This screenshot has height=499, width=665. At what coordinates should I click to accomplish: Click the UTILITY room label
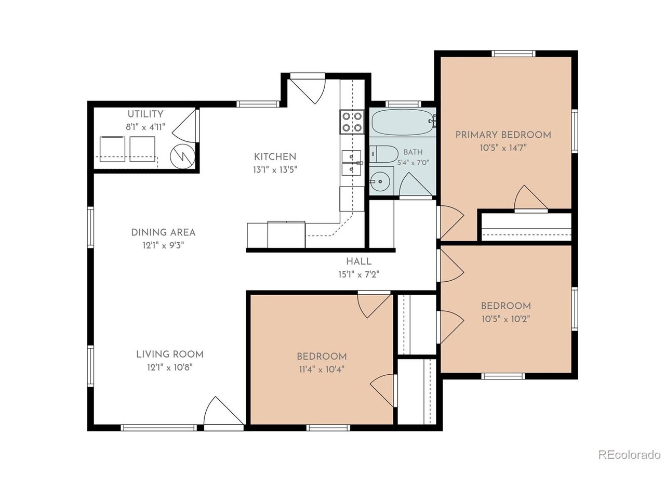click(145, 114)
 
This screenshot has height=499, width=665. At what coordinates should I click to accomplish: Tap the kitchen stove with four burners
click(352, 122)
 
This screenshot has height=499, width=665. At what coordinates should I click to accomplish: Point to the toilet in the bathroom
click(383, 154)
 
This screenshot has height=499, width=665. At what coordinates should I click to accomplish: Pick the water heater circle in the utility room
click(182, 156)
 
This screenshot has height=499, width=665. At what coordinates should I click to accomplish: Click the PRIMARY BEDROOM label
click(503, 135)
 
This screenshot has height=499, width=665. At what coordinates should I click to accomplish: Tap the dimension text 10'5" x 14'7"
click(503, 148)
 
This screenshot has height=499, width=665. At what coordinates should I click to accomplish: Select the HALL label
click(358, 261)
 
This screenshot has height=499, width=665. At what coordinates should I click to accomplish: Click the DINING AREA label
click(163, 232)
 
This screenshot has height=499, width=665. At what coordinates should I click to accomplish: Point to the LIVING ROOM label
click(170, 354)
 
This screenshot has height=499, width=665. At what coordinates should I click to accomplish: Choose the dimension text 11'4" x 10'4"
click(322, 370)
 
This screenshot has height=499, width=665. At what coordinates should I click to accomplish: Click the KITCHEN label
click(275, 156)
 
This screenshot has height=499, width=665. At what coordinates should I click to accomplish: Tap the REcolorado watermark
click(629, 463)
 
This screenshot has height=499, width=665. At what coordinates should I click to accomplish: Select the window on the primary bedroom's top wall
click(513, 54)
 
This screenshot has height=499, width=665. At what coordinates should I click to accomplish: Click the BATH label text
click(413, 152)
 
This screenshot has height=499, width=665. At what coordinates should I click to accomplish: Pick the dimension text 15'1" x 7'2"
click(358, 274)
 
